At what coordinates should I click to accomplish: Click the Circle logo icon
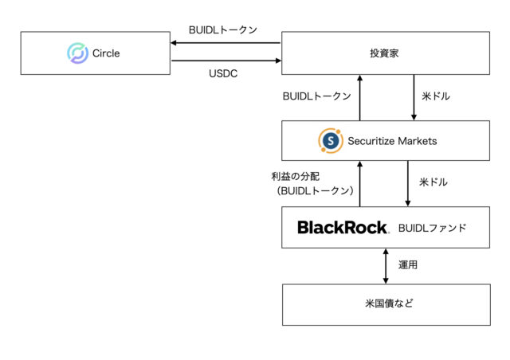(x=77, y=53)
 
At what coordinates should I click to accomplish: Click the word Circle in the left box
(x=107, y=53)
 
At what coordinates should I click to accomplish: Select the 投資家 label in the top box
(x=386, y=53)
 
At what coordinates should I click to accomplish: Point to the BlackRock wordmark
(x=342, y=228)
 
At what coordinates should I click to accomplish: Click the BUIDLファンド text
(x=432, y=228)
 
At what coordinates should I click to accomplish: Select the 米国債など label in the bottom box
(x=386, y=304)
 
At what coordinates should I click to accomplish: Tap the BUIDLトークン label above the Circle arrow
(x=223, y=29)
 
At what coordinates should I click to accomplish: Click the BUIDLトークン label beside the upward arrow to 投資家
(x=317, y=96)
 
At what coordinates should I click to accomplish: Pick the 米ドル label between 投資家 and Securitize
(x=435, y=96)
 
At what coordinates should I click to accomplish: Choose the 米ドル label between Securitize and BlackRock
(x=433, y=182)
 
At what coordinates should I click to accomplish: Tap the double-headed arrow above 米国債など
(x=386, y=266)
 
